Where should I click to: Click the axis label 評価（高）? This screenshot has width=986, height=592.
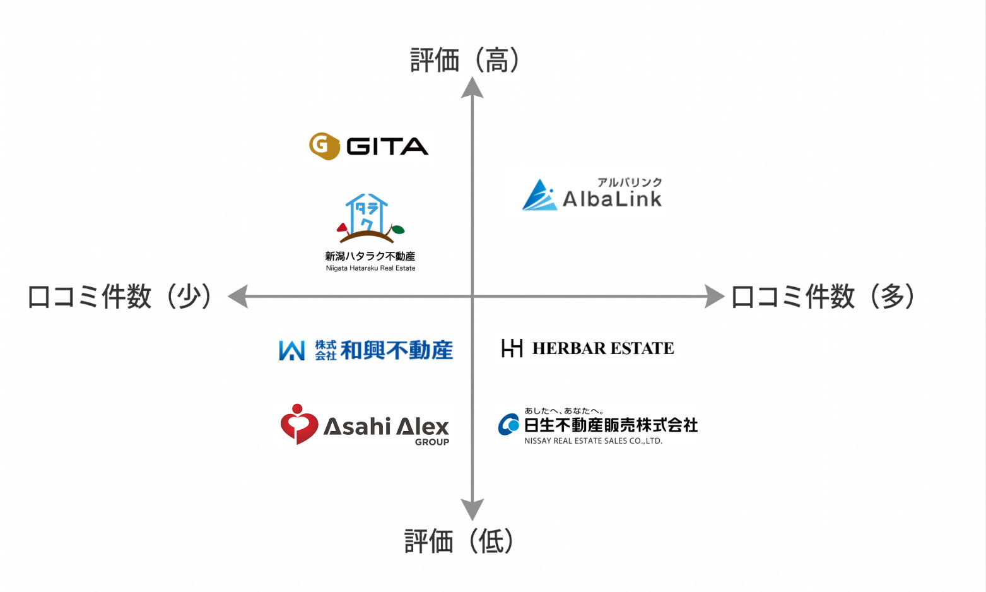coord(465,61)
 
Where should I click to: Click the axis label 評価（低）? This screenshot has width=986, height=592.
coord(459,542)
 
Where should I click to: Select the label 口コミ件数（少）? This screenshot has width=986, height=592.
coord(119,297)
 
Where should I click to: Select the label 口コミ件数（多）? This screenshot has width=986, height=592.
coord(823,297)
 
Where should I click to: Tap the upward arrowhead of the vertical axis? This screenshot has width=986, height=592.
coord(472,88)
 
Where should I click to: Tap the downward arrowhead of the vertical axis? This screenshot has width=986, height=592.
coord(472,509)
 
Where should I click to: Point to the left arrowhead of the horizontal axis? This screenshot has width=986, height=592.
coord(238,296)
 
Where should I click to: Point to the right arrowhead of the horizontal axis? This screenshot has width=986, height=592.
coord(714,296)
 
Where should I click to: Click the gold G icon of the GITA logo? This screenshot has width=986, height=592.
coord(324,146)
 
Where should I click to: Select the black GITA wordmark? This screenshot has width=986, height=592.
coord(387,146)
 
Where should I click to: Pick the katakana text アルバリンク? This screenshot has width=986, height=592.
coord(630,182)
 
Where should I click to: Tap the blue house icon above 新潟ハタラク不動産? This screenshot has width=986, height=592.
coord(367,213)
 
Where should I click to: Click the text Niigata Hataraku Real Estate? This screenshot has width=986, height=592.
coord(370,268)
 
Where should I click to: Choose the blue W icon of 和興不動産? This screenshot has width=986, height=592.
coord(291,350)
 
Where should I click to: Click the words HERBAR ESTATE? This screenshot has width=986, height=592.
coord(603,348)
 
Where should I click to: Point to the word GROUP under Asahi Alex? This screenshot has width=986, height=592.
coord(432,442)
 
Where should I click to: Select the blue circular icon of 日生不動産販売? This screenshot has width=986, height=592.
coord(508,425)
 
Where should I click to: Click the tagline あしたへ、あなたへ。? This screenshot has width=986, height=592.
coord(564,411)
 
